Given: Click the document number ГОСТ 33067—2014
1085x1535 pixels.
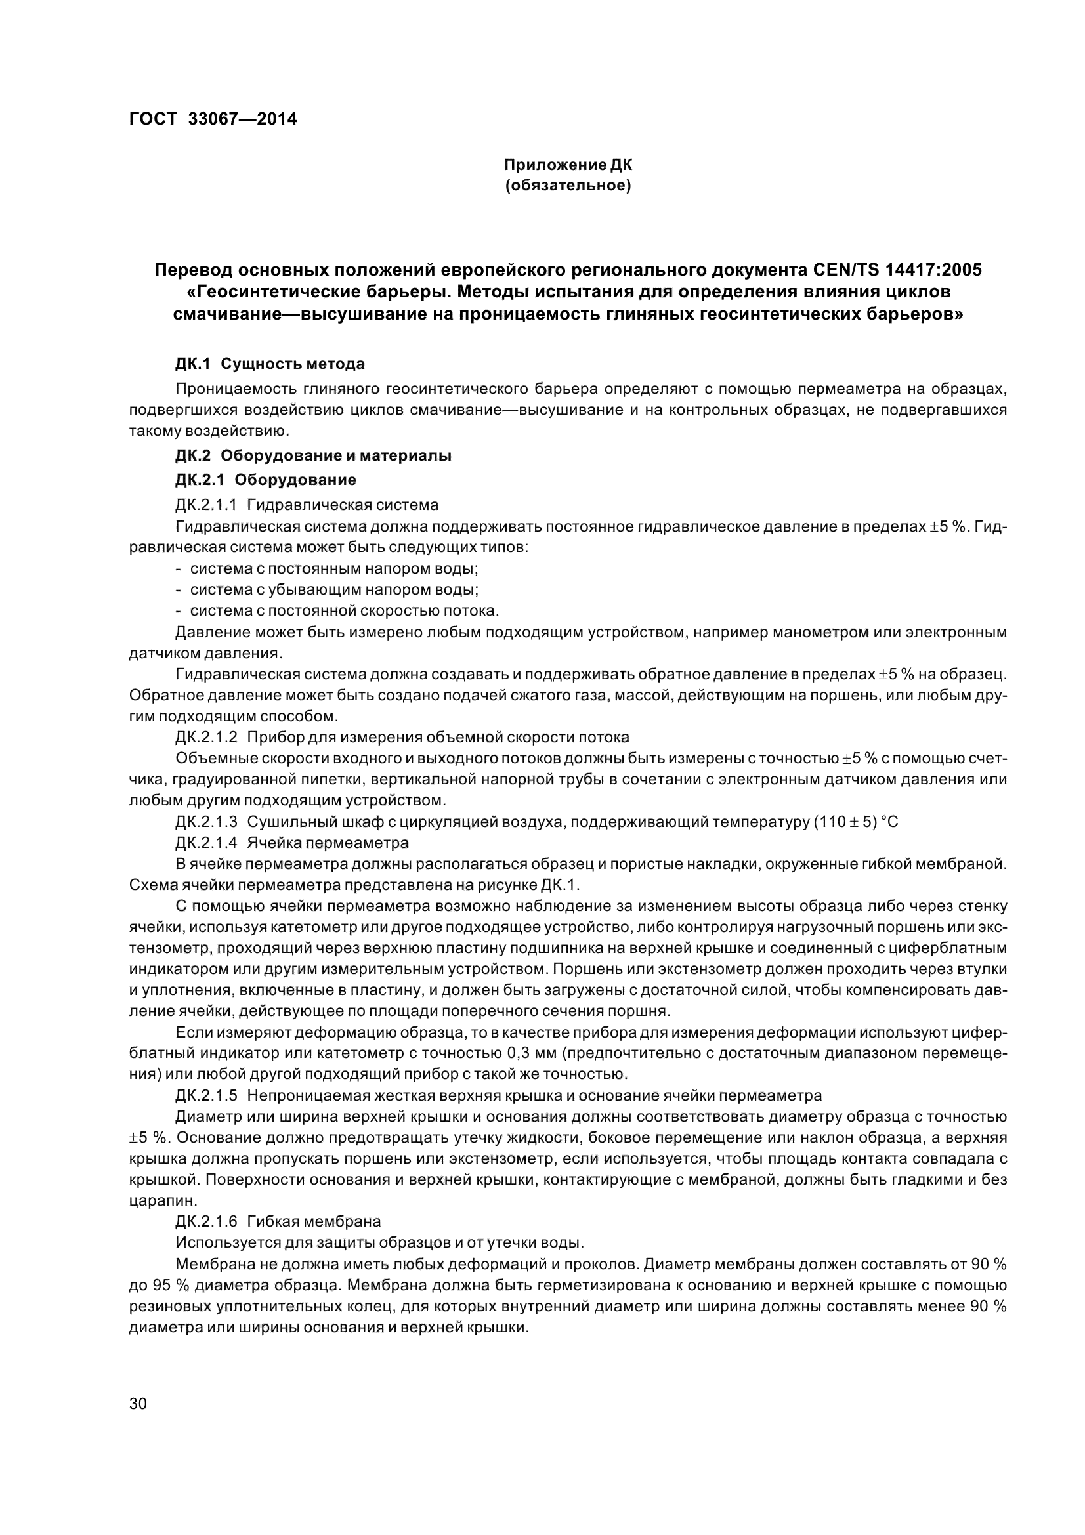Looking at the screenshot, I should (x=213, y=119).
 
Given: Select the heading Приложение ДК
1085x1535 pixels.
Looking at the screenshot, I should (x=568, y=165).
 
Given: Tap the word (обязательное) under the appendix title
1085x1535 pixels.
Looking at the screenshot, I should (x=568, y=185).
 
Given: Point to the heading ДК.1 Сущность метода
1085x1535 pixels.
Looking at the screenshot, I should (x=270, y=364).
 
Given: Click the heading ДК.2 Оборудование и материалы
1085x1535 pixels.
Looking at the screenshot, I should (x=314, y=456).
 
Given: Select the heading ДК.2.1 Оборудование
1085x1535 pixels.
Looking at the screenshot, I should (x=265, y=479).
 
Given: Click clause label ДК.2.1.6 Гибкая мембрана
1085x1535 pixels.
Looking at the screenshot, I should (x=278, y=1221).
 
